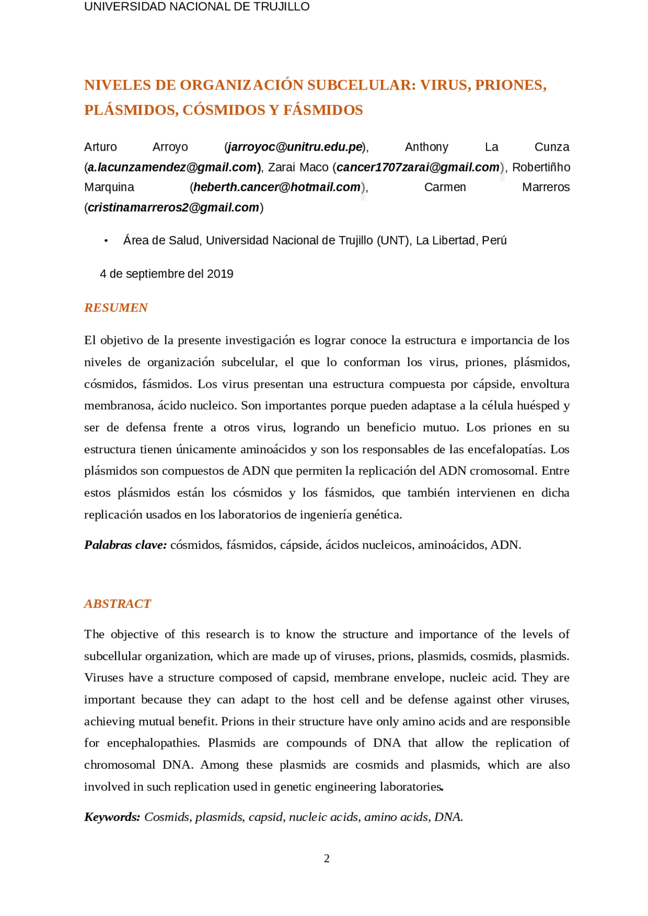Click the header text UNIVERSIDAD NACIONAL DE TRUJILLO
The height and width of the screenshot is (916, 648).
[x=196, y=7]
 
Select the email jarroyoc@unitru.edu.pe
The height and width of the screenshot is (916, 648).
[x=296, y=147]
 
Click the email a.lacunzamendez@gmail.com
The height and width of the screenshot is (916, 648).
[x=172, y=167]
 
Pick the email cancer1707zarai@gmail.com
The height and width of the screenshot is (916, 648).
[x=418, y=167]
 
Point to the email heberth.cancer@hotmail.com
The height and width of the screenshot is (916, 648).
[x=277, y=187]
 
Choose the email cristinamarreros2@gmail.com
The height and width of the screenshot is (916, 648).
[x=173, y=207]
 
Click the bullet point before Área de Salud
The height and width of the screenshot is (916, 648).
[x=106, y=241]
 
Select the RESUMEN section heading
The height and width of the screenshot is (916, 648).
[x=116, y=308]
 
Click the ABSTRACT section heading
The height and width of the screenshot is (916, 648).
[x=117, y=604]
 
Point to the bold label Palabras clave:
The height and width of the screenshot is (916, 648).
[x=126, y=545]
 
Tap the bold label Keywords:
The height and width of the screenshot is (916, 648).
[x=112, y=817]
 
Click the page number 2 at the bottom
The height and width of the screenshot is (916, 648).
[x=327, y=859]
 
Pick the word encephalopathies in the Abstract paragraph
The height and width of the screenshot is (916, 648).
[x=153, y=743]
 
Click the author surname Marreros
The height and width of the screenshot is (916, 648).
[x=546, y=187]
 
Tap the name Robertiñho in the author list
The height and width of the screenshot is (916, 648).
[x=541, y=167]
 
